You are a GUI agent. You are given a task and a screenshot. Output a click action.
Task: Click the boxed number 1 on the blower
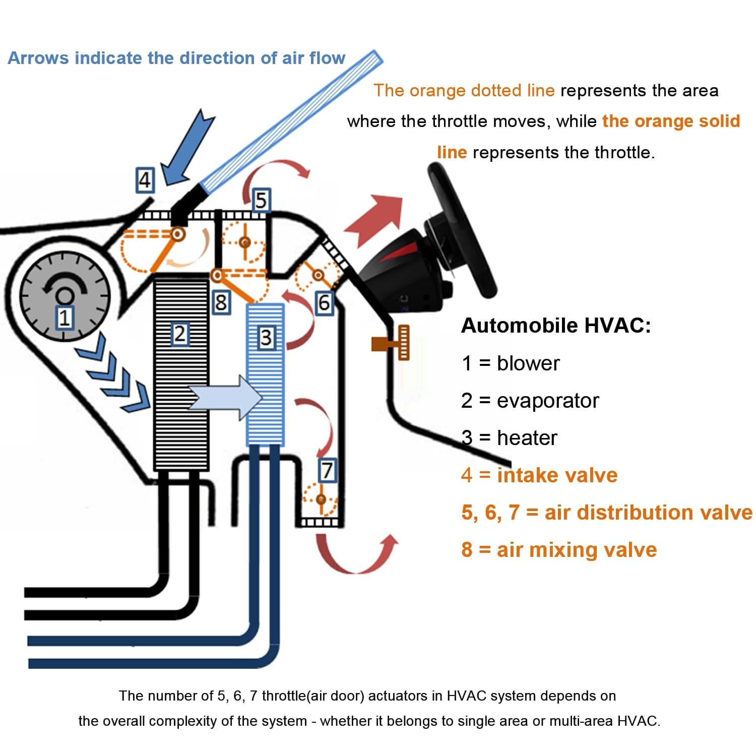[x=64, y=318]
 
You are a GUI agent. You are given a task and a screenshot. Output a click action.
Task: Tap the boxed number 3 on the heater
[x=266, y=337]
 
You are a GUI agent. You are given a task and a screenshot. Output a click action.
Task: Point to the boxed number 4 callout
[x=145, y=180]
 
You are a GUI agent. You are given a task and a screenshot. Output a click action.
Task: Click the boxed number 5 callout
[x=261, y=200]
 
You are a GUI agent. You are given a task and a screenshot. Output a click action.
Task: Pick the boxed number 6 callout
[x=324, y=302]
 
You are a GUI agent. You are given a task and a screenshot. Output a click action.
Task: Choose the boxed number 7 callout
[x=327, y=470]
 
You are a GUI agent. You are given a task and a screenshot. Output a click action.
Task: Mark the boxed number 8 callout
[x=220, y=303]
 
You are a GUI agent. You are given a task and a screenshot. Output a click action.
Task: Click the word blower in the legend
[x=528, y=363]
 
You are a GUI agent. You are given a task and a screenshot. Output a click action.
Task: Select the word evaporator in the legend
[x=547, y=401]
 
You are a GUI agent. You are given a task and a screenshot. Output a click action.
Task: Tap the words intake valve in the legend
[x=557, y=475]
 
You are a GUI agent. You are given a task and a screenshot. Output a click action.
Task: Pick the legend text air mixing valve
[x=577, y=549]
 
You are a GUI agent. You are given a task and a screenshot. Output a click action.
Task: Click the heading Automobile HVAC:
[x=556, y=326]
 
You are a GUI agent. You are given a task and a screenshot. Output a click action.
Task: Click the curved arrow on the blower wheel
[x=63, y=282]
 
